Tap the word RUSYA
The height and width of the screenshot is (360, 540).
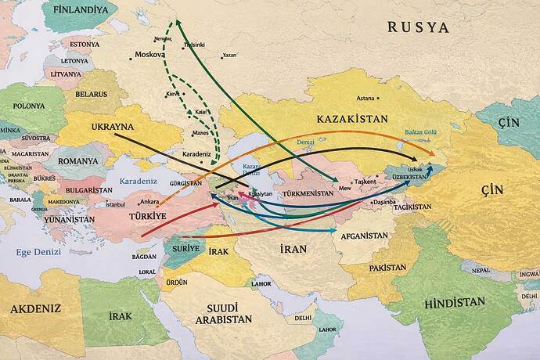(419, 27)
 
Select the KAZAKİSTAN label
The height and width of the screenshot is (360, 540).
(352, 119)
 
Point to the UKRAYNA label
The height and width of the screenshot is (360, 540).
(113, 127)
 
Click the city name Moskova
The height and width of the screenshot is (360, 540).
(149, 55)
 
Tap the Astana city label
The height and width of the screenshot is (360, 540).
(365, 99)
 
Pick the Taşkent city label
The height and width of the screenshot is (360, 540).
(365, 182)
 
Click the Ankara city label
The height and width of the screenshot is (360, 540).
(149, 202)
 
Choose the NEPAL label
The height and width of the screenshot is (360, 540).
(480, 270)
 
